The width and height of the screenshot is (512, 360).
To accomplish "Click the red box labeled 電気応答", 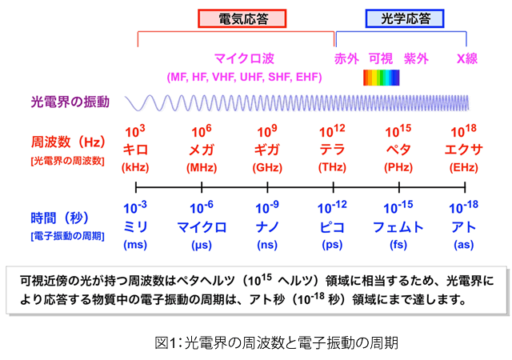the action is [242, 18].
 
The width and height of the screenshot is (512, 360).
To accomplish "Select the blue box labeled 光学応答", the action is [405, 18].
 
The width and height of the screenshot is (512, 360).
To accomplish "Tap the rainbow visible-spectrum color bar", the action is [382, 78].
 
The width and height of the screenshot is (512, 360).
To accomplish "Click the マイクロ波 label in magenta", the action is [244, 59].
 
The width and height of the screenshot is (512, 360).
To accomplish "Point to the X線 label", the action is [467, 59].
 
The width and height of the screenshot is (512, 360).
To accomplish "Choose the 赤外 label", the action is [346, 59].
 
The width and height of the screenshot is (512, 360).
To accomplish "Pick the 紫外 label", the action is [416, 59].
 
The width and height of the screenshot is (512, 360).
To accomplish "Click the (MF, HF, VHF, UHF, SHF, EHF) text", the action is [244, 77].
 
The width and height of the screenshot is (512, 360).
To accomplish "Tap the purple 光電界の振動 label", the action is [70, 102].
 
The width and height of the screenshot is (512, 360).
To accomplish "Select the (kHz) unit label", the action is [135, 167].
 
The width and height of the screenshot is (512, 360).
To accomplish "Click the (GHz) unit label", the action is [267, 167].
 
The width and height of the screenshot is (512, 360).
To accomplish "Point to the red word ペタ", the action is [398, 150].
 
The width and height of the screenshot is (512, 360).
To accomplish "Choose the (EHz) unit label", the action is [464, 167].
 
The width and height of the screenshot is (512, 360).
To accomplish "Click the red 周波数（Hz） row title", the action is [68, 142].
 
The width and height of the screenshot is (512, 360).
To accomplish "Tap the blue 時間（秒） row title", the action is [59, 218].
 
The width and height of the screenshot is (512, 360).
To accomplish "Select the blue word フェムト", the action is [398, 227].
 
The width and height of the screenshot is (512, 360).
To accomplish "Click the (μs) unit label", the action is [202, 245].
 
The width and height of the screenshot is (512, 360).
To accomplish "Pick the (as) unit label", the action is [464, 245].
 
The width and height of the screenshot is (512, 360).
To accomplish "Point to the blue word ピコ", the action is [332, 227].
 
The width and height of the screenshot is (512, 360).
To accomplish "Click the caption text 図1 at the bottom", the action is [166, 343].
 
